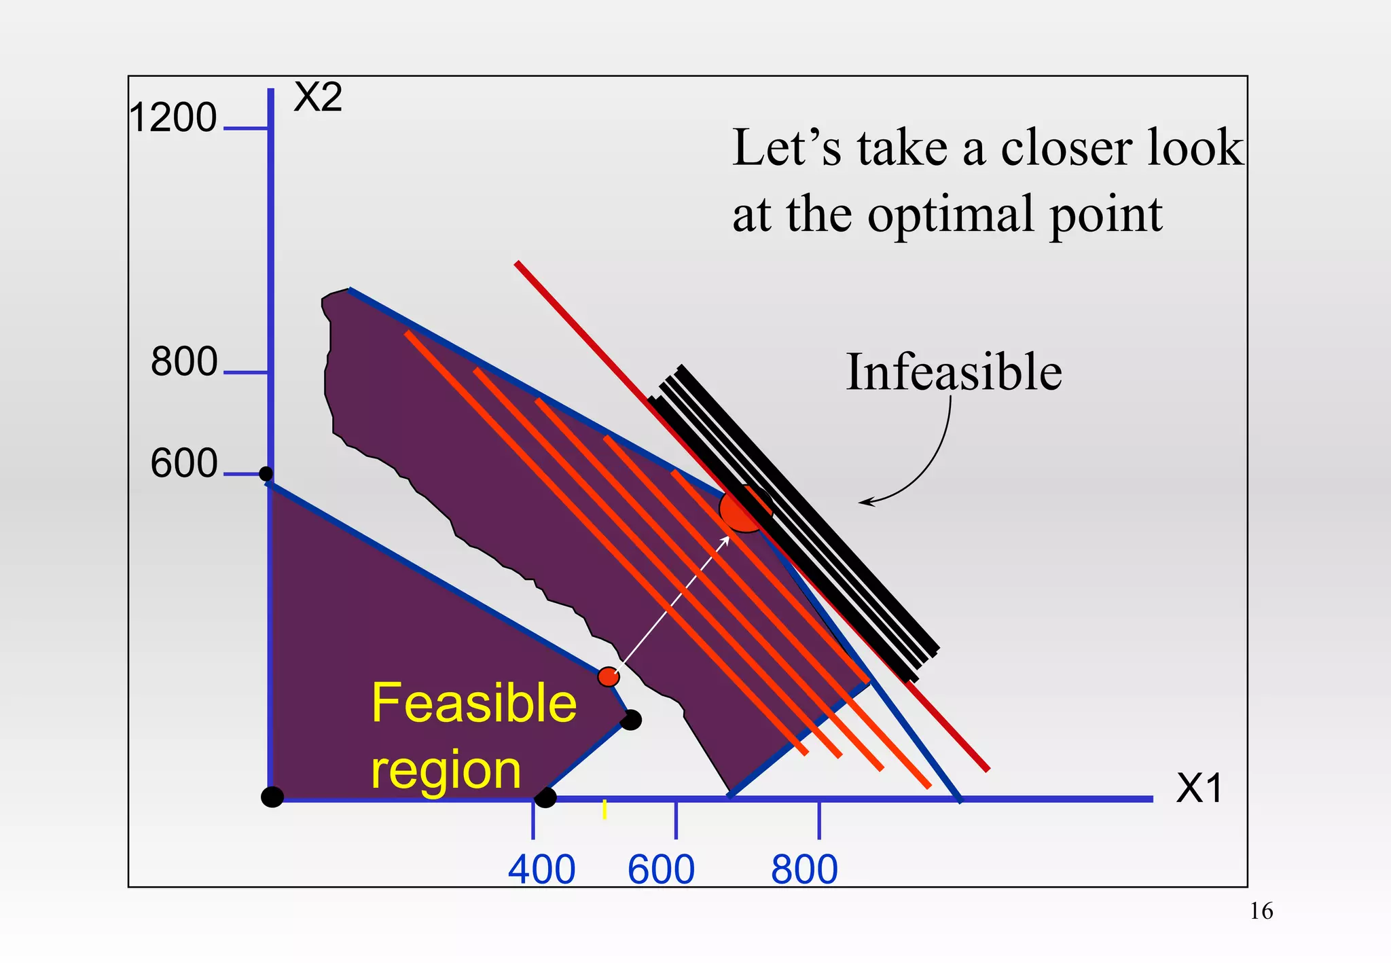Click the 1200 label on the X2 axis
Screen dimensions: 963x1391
pos(173,118)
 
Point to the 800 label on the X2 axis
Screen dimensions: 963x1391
pos(184,362)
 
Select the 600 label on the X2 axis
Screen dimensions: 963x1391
pos(184,465)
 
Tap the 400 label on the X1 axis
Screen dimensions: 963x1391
pos(541,869)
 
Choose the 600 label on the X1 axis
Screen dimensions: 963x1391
pos(661,869)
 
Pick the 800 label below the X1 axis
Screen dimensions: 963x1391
pos(804,869)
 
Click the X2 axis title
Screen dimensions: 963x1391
pos(317,98)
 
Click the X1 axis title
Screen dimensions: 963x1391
pos(1199,788)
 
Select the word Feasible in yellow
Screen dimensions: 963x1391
pos(473,704)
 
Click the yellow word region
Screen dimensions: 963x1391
pos(446,770)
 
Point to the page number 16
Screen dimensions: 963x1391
pos(1261,911)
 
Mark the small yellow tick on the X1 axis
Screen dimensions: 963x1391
pos(604,810)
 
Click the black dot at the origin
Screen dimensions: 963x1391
pos(272,797)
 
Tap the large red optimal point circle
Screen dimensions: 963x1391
pos(744,509)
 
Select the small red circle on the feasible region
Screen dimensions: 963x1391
pos(608,676)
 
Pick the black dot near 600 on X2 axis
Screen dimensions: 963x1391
pos(266,473)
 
